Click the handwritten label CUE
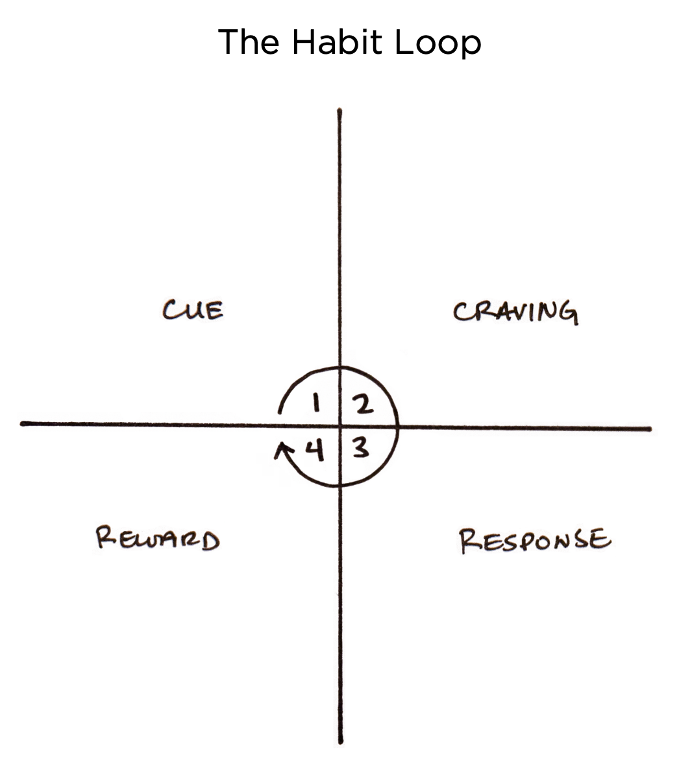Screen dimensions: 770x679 tap(193, 310)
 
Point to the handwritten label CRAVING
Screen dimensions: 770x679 tap(515, 312)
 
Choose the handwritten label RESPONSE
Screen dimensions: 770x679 tap(535, 541)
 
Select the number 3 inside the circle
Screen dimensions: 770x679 tap(361, 448)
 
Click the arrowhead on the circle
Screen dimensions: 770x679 tap(280, 447)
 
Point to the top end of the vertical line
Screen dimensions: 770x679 tap(339, 111)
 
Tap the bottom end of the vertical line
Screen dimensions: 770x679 tap(341, 741)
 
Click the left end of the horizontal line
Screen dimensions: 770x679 tap(22, 423)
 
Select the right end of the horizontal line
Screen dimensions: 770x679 tap(649, 428)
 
